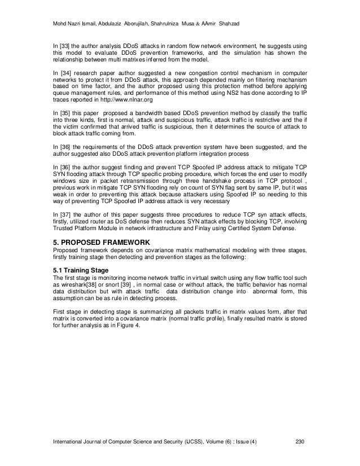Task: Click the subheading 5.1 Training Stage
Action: (x=84, y=270)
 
